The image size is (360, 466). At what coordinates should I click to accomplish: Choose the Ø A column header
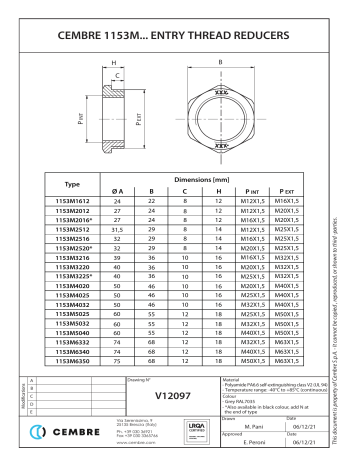click(119, 190)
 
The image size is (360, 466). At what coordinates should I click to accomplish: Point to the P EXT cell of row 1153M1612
click(289, 202)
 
